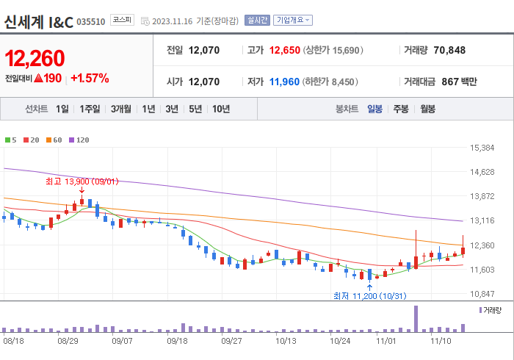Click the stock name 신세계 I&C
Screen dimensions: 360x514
(x=38, y=21)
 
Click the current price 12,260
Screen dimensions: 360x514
(x=35, y=59)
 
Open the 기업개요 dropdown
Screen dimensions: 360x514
(x=293, y=21)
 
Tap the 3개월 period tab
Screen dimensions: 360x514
(x=121, y=109)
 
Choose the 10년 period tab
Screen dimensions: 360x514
(x=220, y=109)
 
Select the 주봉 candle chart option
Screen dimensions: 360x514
(x=401, y=109)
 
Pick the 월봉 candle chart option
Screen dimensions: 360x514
(x=427, y=109)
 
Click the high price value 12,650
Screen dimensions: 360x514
(x=284, y=51)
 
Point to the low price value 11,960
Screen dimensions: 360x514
(x=284, y=82)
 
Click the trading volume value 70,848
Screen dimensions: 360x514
(x=449, y=51)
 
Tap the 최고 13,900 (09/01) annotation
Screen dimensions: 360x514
(x=82, y=181)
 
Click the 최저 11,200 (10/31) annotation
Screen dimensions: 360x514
(x=369, y=295)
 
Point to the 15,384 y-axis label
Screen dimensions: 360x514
(x=482, y=148)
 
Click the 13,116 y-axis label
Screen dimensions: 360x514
(x=482, y=220)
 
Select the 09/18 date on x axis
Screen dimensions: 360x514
(x=177, y=341)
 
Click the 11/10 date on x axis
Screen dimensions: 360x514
(x=440, y=341)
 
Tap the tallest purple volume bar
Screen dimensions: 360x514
(x=416, y=318)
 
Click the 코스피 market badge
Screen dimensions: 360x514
(x=121, y=21)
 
